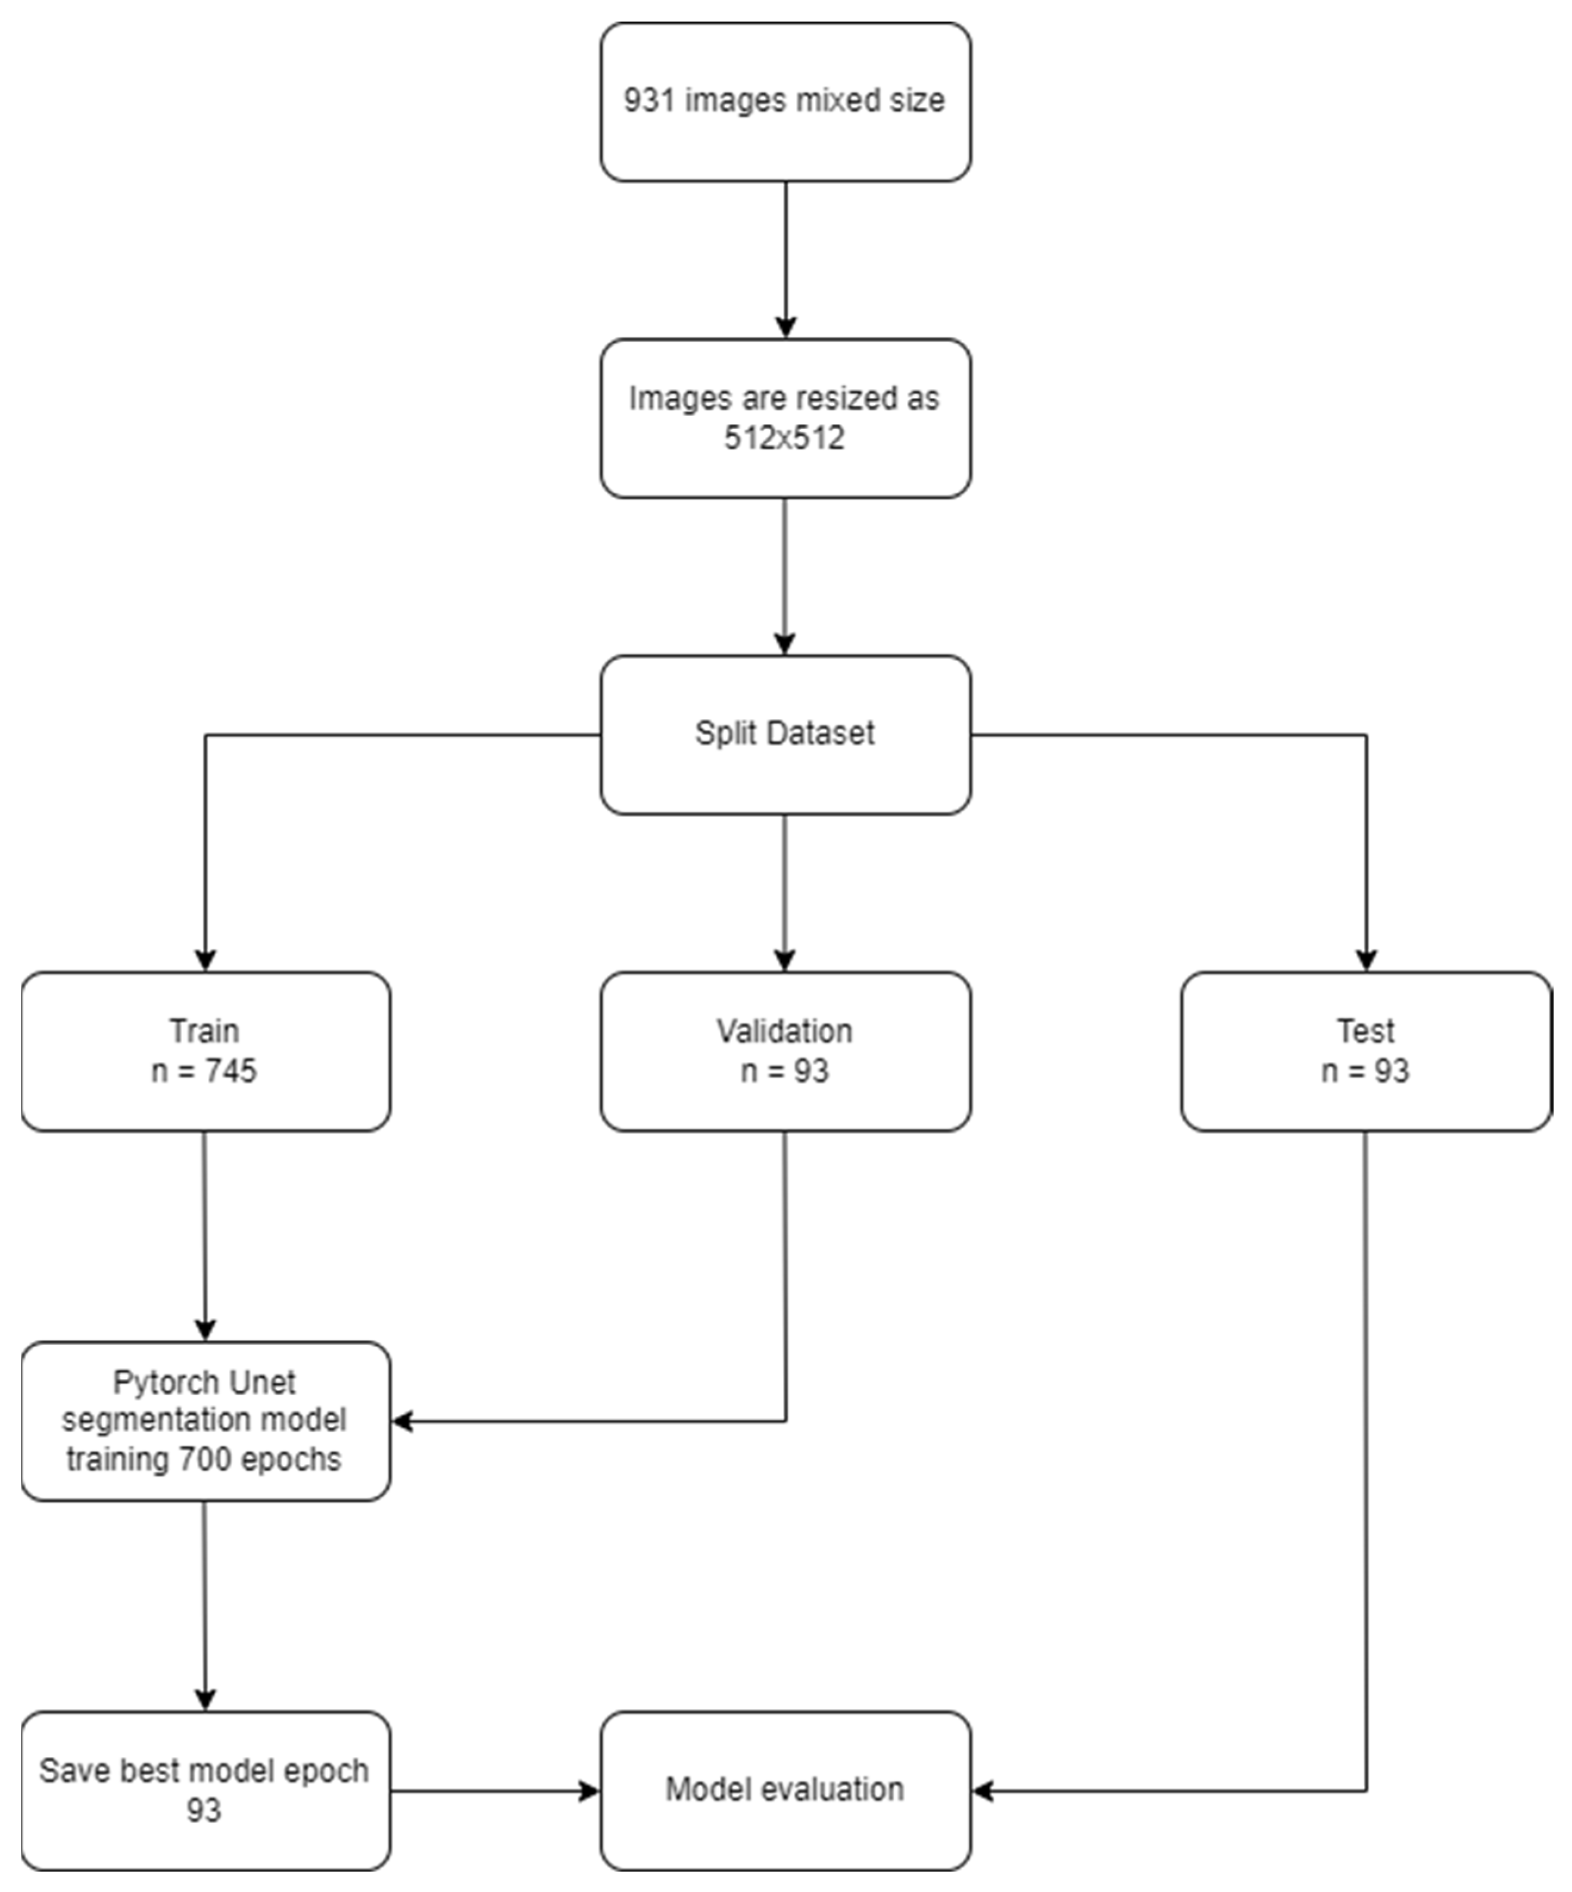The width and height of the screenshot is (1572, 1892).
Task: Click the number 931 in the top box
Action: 650,100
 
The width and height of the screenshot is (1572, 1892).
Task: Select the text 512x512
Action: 785,438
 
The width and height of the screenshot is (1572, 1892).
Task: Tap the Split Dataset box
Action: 785,734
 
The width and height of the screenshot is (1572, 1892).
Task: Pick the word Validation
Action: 785,1031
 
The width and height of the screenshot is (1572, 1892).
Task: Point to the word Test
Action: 1366,1031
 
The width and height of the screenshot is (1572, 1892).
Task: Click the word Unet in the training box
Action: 262,1382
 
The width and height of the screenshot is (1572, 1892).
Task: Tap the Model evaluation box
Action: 785,1790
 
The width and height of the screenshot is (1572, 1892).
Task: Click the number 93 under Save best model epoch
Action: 204,1810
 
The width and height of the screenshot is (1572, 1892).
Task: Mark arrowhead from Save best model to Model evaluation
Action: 589,1791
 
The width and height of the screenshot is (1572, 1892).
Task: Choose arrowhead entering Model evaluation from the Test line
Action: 984,1791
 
